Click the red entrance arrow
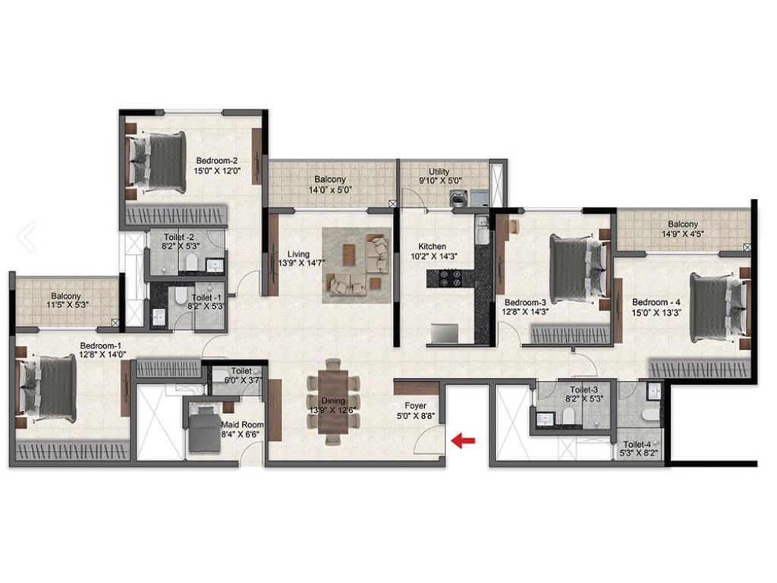[x=464, y=440]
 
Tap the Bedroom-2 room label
[x=216, y=161]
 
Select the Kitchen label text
[x=432, y=247]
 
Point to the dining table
[x=333, y=401]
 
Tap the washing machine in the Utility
[x=457, y=197]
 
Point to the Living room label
[x=298, y=254]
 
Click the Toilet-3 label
[x=584, y=389]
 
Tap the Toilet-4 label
[x=637, y=445]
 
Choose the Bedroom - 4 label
[x=656, y=302]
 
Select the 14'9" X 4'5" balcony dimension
[x=683, y=234]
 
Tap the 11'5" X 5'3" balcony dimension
[x=67, y=305]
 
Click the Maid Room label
[x=242, y=425]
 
